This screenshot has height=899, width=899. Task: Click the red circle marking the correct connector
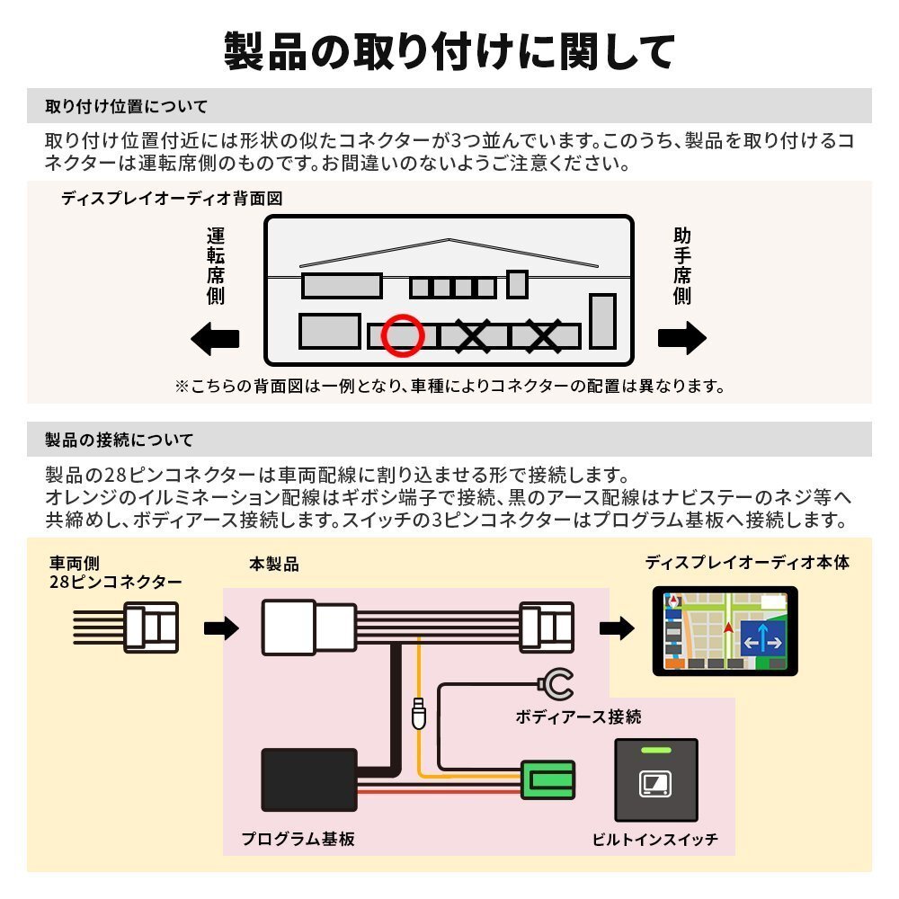[401, 334]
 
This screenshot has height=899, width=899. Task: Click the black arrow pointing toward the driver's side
[217, 340]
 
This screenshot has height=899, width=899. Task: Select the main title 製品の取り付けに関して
[449, 51]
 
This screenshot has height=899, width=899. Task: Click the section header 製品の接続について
[119, 440]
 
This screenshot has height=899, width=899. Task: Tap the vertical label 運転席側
[216, 266]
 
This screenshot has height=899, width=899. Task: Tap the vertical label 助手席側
[682, 266]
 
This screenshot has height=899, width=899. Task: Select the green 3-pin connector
[547, 779]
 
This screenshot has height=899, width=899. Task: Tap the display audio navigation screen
[724, 632]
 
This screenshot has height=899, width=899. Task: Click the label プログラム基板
[298, 839]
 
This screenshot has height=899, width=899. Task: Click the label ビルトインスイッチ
[654, 840]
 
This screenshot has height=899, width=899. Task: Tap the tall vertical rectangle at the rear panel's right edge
[602, 321]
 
